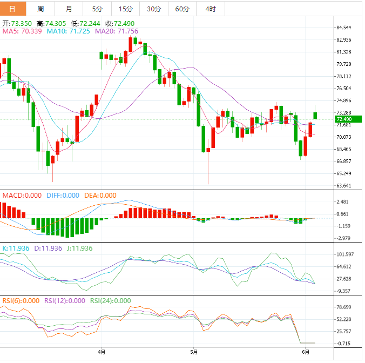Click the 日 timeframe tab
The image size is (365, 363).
13,9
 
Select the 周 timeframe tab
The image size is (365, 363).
41,9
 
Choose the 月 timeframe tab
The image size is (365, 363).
69,9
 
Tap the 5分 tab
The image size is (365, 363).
97,9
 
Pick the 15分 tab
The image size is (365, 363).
125,9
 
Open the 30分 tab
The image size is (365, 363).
154,9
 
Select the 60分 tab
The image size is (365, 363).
182,9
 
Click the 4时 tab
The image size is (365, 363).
211,9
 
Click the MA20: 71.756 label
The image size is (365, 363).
117,31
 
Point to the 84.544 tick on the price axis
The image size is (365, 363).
344,28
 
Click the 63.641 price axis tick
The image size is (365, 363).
344,186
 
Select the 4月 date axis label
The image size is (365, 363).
102,352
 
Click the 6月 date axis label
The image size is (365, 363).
306,352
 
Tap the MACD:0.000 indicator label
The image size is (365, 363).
22,196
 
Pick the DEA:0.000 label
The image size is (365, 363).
100,196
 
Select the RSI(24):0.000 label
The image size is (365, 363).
110,301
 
